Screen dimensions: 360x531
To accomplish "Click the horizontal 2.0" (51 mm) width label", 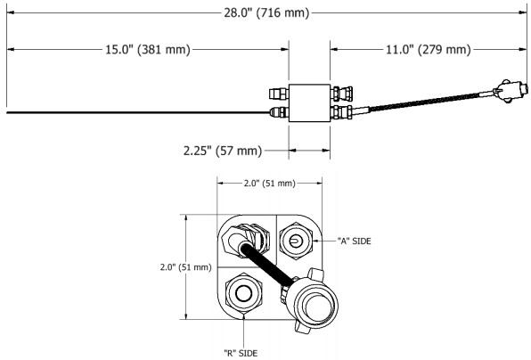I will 268,184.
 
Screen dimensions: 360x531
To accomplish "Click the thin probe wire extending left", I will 134,112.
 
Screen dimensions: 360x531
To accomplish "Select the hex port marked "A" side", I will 296,239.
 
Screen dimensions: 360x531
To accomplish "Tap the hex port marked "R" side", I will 243,293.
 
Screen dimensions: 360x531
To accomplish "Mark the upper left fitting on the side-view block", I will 279,91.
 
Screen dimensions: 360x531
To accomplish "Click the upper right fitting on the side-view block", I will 339,91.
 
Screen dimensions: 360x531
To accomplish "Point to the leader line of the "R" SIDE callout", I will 242,330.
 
